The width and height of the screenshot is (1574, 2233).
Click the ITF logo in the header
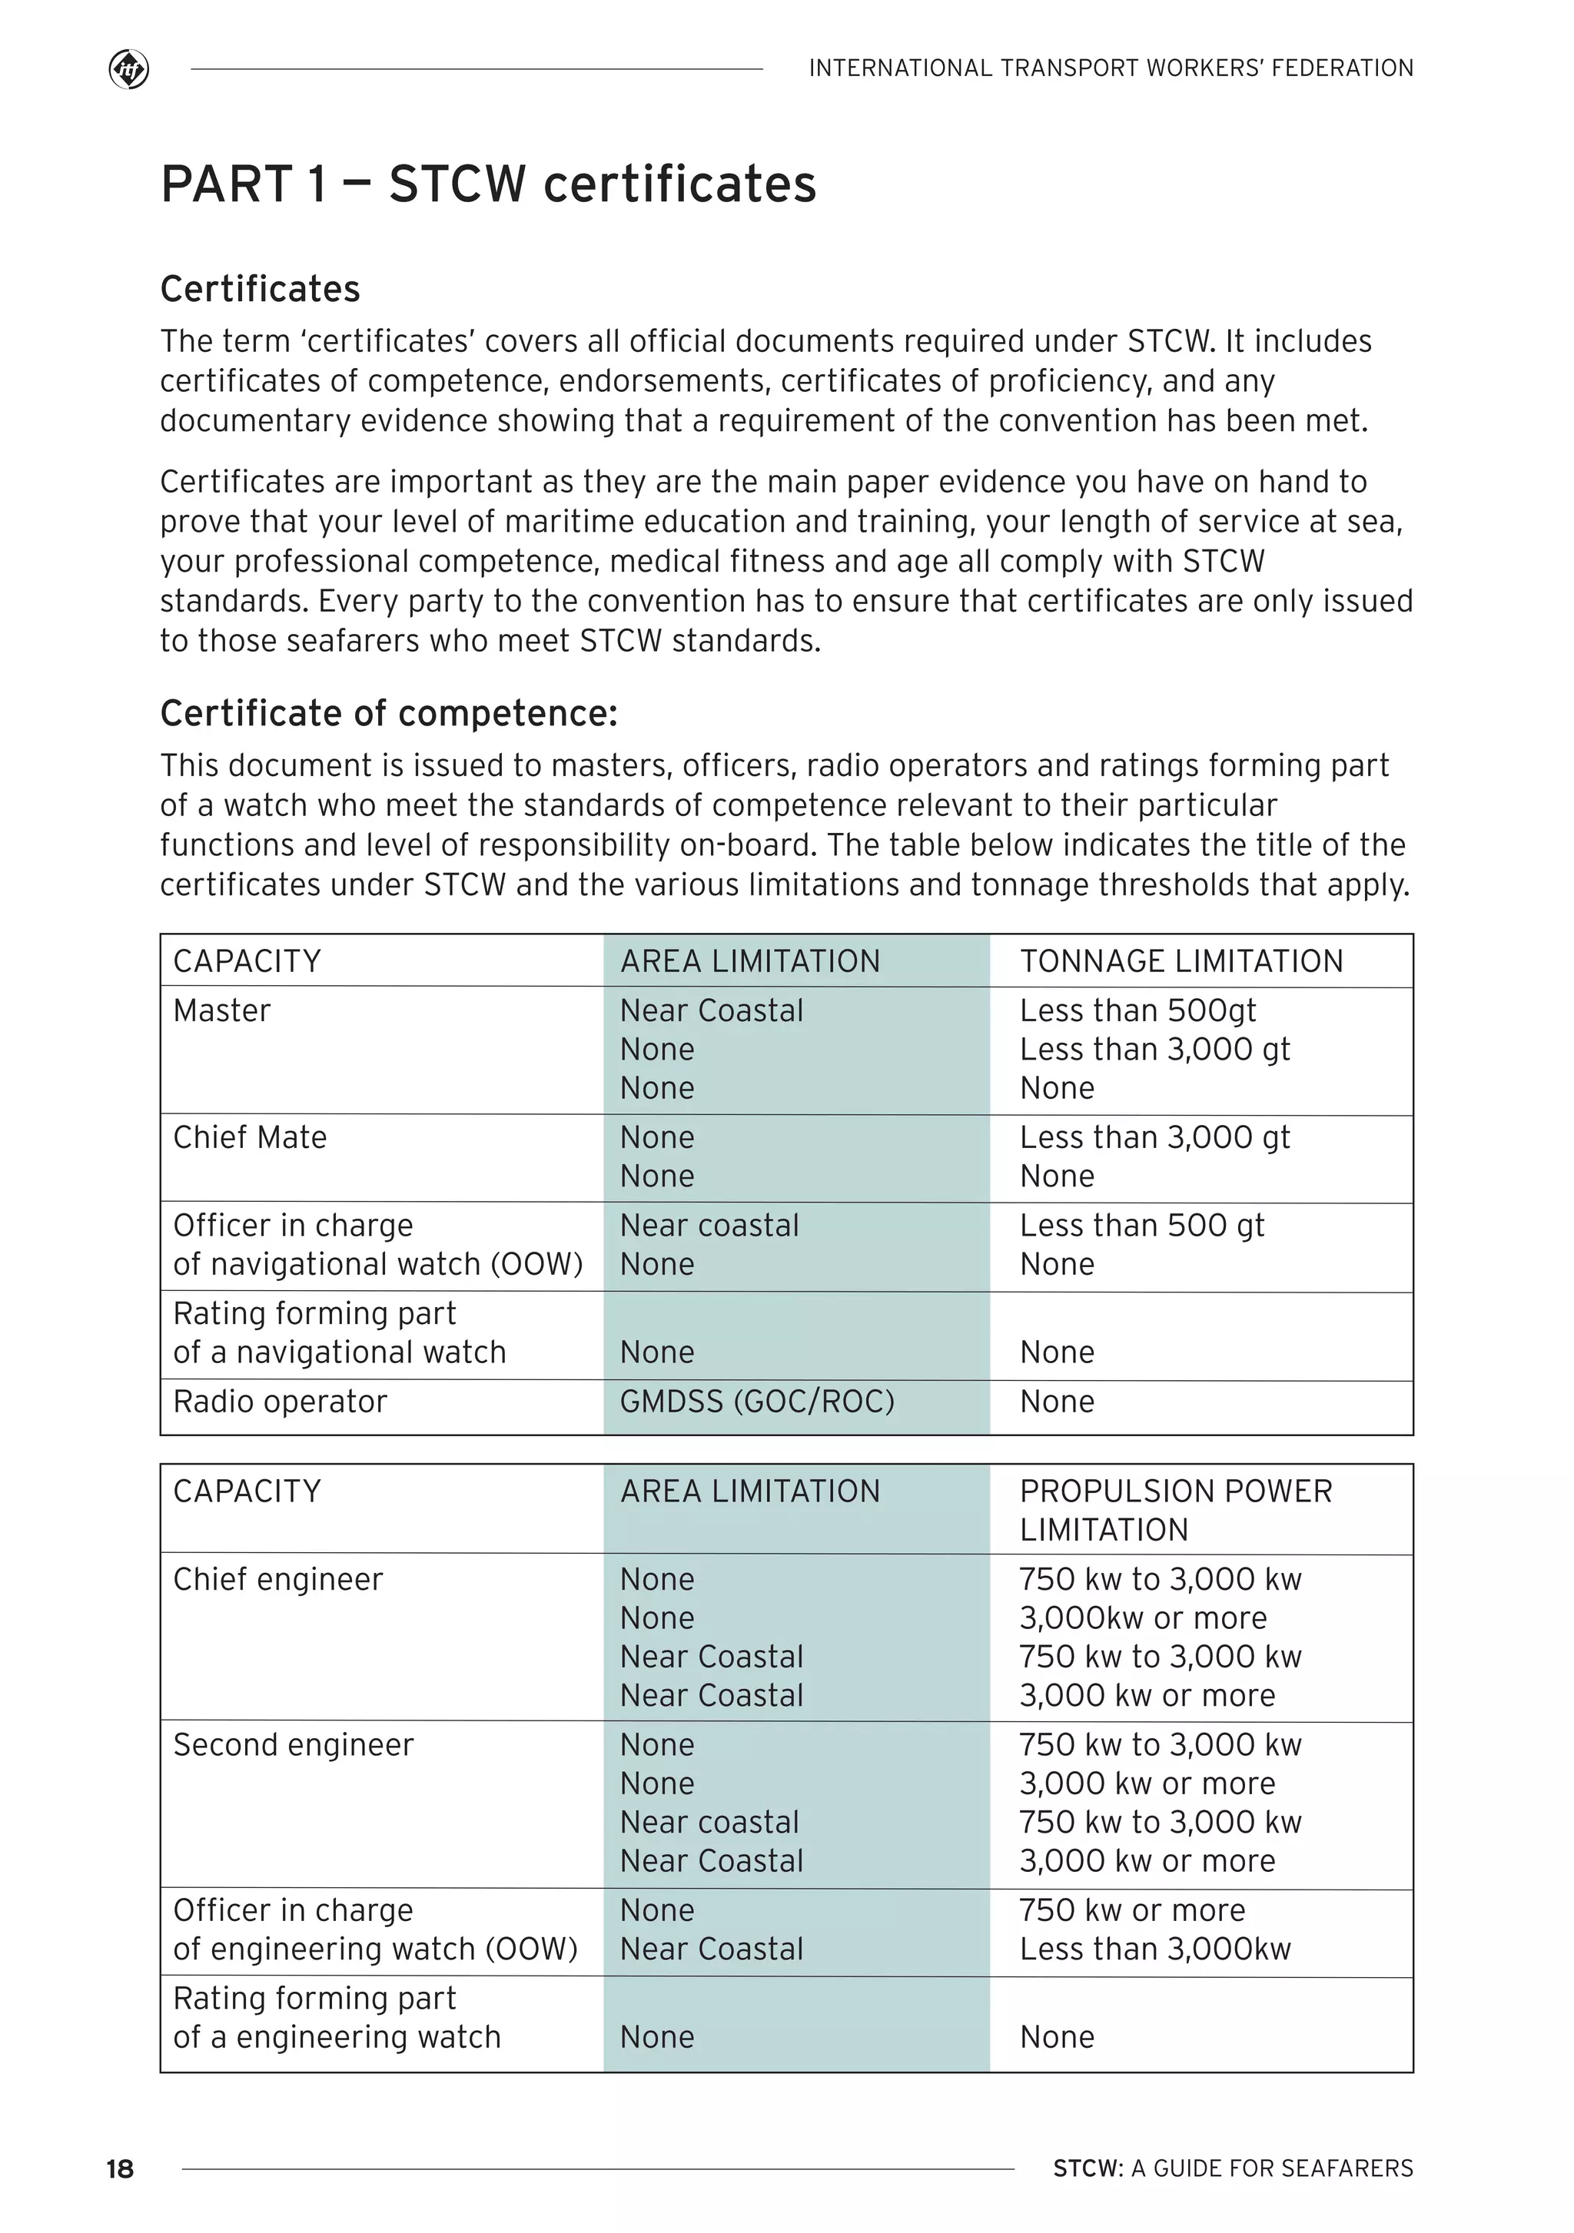coord(128,70)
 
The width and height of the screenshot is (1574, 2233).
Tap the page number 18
coord(120,2168)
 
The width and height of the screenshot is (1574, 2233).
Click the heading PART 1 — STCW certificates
coord(488,184)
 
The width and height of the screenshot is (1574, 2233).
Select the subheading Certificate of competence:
coord(388,713)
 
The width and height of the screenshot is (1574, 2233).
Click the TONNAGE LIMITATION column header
coord(1181,961)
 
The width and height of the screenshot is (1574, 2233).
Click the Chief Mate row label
coord(250,1137)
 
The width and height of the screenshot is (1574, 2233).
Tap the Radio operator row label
coord(281,1402)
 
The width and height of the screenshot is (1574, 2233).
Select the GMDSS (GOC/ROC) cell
coord(757,1402)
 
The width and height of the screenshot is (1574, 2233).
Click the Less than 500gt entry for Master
coord(1137,1010)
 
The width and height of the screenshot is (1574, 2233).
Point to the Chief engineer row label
coord(278,1579)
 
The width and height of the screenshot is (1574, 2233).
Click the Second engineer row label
coord(293,1745)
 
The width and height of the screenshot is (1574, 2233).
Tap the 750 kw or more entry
coord(1131,1910)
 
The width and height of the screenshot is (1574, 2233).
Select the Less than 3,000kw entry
coord(1154,1949)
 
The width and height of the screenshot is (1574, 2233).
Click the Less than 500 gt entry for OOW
coord(1141,1226)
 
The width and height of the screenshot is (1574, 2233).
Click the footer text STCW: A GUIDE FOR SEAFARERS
coord(1233,2168)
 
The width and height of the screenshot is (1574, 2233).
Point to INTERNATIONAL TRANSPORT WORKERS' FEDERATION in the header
coord(1111,68)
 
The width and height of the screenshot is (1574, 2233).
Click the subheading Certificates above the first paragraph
coord(260,289)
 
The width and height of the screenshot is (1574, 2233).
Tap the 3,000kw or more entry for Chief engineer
coord(1142,1618)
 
